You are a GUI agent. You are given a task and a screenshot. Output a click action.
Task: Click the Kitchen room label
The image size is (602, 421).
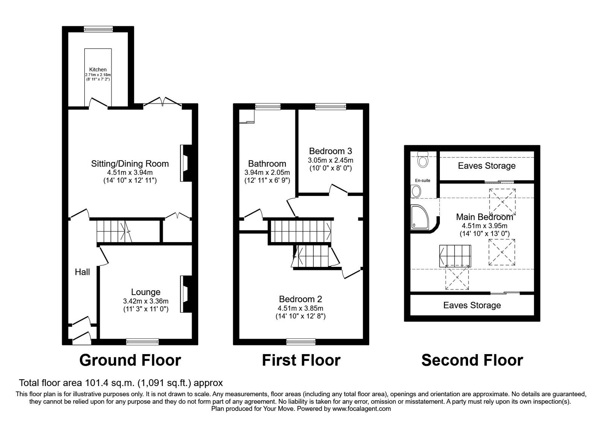tap(98, 70)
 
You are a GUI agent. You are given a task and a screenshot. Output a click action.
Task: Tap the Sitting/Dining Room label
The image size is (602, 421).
tap(130, 164)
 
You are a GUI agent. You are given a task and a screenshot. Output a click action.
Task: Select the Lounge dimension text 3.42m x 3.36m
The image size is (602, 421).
tap(146, 301)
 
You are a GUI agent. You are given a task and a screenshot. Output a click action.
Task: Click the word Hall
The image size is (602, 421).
tap(82, 272)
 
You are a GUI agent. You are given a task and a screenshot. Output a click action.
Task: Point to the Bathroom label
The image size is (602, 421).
tap(267, 164)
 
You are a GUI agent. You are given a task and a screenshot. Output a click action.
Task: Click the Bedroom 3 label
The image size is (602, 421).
tap(330, 151)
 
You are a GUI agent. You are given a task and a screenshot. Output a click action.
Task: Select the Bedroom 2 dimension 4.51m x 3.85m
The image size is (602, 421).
tap(301, 308)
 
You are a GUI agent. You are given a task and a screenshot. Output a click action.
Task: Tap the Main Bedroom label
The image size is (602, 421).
tap(485, 217)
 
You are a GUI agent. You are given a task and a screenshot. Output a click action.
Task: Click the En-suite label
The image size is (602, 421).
tap(423, 180)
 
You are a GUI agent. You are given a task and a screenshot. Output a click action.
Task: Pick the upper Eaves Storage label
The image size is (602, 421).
tap(486, 166)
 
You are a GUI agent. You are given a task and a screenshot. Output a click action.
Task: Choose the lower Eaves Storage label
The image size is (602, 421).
tap(472, 305)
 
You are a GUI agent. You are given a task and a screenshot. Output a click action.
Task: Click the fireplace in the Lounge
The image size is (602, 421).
tap(185, 294)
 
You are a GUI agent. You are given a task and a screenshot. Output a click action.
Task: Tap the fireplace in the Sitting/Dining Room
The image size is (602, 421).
tap(185, 163)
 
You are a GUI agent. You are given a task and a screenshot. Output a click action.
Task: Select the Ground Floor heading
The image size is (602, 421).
tap(130, 360)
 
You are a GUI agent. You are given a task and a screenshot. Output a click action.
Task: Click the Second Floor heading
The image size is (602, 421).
tap(472, 360)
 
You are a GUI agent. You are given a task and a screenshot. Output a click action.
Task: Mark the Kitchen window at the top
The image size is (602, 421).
tap(98, 29)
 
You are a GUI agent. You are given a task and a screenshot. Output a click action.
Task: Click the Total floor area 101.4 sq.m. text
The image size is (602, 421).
tap(121, 383)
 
